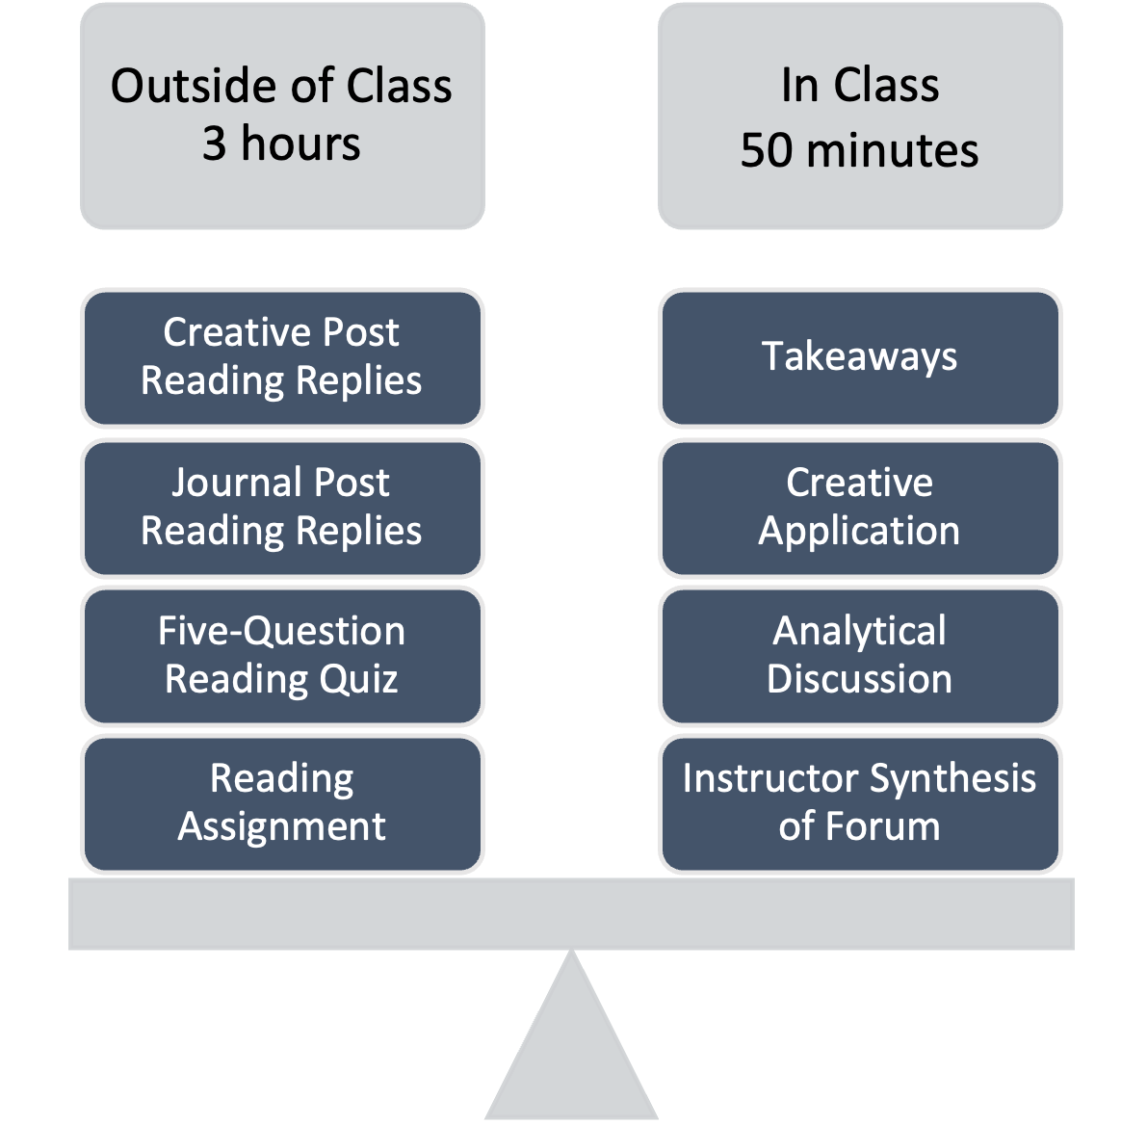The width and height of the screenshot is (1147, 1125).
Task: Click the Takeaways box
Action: point(860,356)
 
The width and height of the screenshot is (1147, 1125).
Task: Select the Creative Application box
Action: point(860,507)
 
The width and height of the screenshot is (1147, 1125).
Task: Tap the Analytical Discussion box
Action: point(860,655)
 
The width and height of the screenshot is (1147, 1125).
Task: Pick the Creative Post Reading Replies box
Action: point(281,356)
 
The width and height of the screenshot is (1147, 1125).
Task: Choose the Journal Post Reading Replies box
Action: point(281,507)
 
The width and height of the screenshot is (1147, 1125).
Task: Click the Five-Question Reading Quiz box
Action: point(281,655)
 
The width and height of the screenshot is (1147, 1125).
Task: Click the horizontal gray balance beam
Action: point(572,913)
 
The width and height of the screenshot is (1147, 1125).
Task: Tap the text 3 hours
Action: point(281,144)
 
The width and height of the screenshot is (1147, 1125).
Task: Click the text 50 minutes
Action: point(859,151)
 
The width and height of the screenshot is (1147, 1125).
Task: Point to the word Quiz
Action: point(358,679)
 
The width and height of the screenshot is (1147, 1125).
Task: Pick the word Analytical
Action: point(859,631)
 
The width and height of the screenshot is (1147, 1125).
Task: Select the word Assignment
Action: point(281,826)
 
